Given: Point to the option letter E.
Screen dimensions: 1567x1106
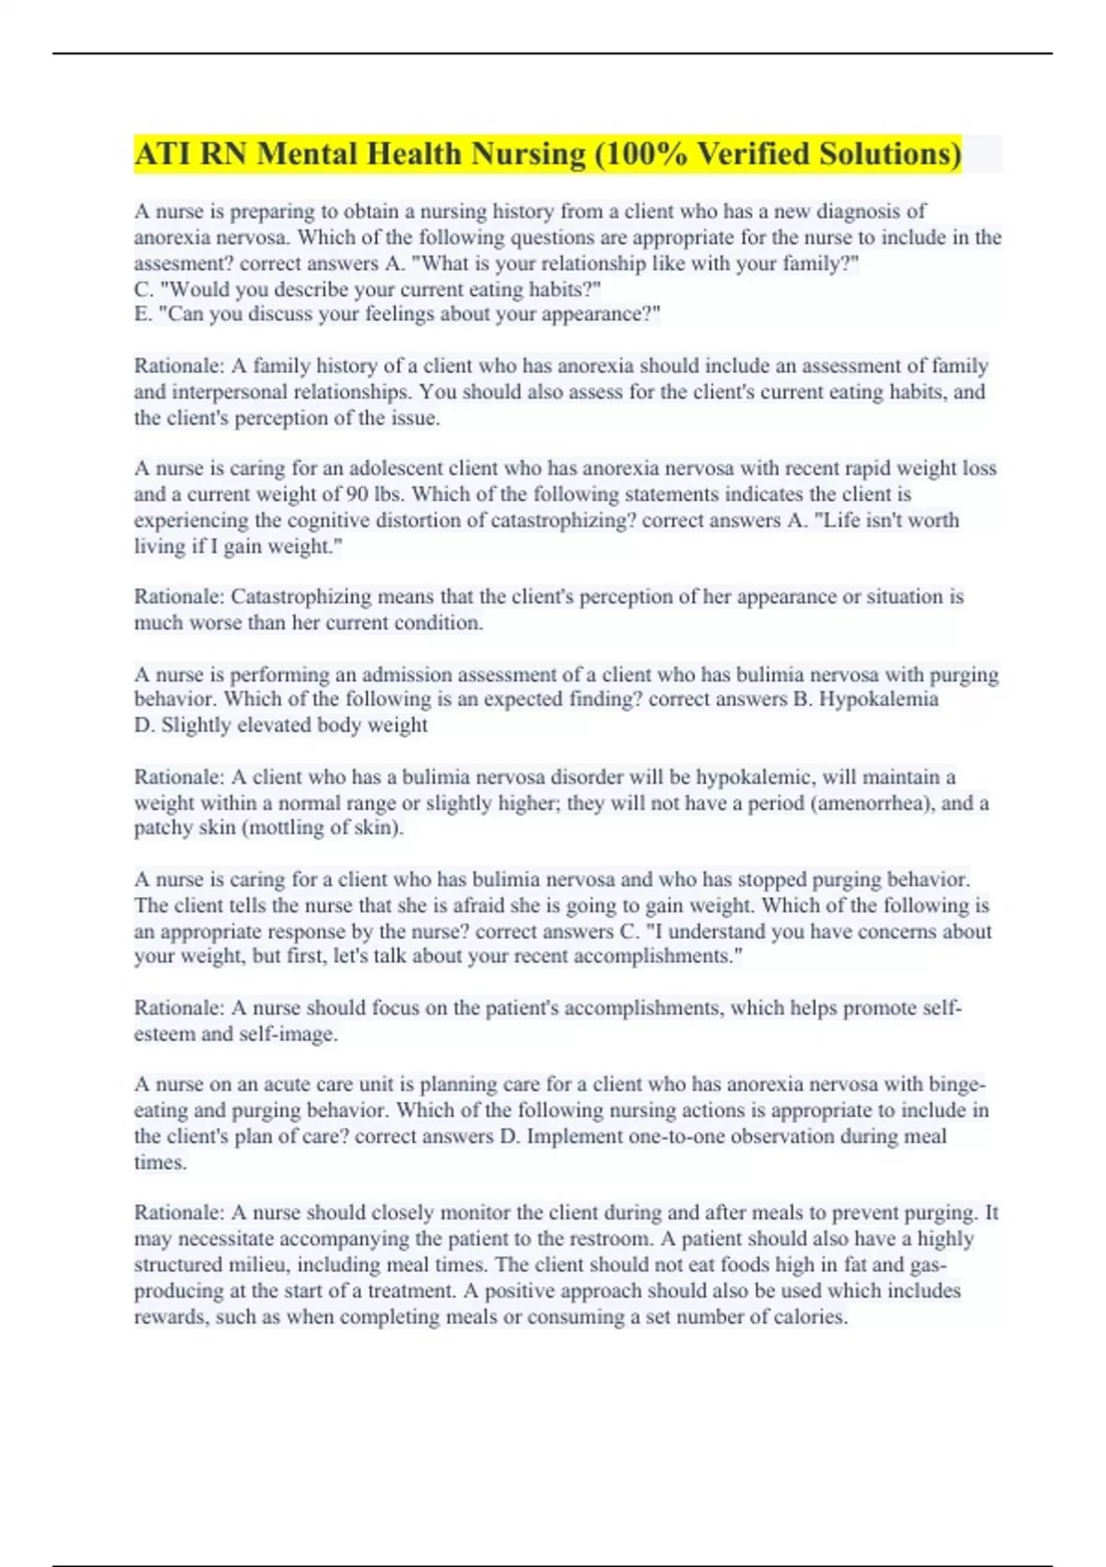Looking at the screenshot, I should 143,314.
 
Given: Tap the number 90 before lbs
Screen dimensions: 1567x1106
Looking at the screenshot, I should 359,494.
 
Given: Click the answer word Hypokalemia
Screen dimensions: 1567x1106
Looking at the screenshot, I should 878,699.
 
